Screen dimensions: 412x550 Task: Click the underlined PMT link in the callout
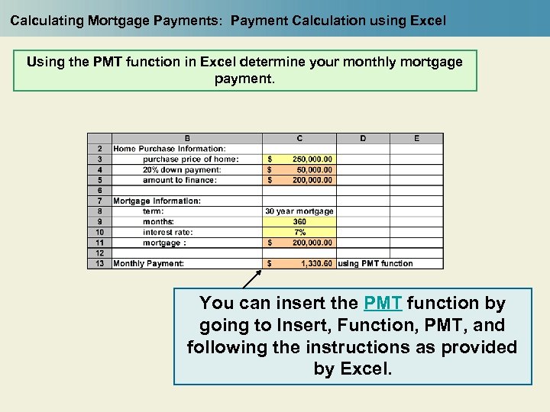pos(383,304)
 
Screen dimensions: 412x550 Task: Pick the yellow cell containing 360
pos(299,222)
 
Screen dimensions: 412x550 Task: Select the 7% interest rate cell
pos(299,232)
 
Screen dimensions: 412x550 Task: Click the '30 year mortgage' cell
pos(299,211)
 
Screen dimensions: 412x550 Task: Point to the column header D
pos(363,138)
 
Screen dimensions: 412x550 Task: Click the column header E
pos(416,138)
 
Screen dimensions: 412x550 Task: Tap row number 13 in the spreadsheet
pos(99,264)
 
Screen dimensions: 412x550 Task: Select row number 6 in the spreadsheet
pos(99,191)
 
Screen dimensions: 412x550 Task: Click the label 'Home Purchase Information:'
pos(170,149)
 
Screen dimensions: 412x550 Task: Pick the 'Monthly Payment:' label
pos(149,264)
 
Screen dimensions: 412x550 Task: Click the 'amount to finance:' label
pos(180,180)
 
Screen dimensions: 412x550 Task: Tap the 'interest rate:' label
pos(167,232)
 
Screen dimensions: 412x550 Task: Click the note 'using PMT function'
pos(375,264)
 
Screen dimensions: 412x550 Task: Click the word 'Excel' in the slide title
pos(429,21)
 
